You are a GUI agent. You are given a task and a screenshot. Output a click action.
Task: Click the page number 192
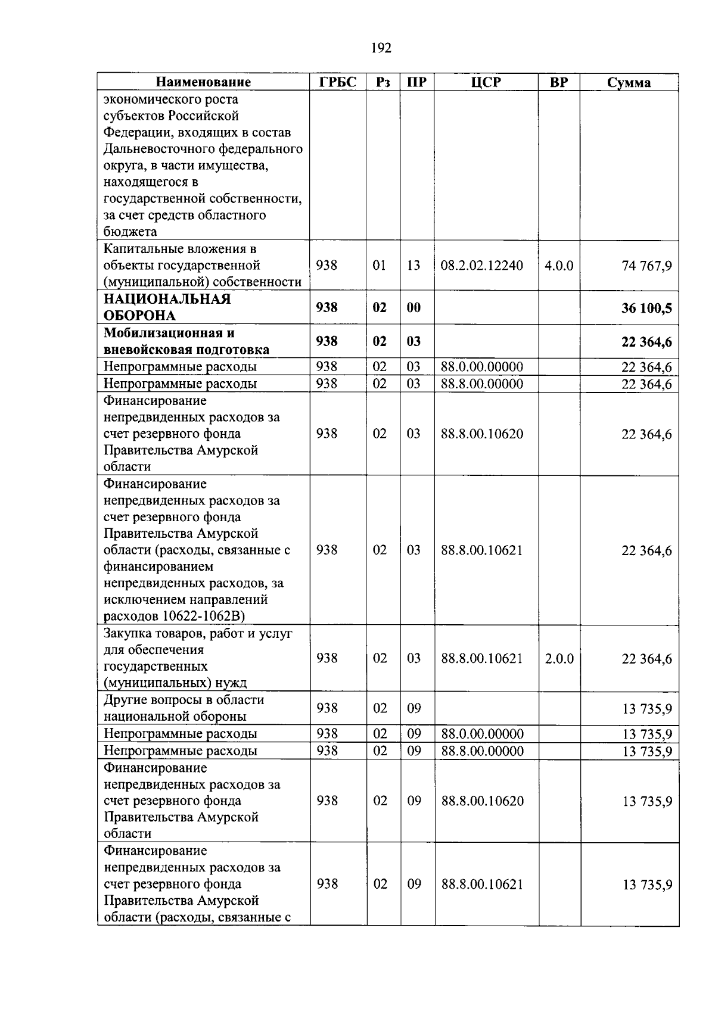tap(381, 48)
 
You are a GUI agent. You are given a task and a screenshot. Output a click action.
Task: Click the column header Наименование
tap(203, 82)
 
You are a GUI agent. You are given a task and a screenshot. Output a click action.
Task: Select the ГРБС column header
tap(338, 82)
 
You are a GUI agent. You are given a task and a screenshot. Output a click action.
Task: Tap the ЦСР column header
tap(486, 82)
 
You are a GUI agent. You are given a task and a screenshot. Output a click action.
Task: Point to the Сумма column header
tap(629, 83)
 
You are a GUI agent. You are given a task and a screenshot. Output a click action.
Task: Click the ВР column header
tap(559, 82)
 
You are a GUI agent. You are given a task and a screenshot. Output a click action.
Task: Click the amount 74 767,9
tap(646, 266)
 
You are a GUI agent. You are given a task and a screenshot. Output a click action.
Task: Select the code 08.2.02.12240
tap(481, 265)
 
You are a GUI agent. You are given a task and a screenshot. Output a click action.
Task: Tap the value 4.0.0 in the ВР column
tap(559, 265)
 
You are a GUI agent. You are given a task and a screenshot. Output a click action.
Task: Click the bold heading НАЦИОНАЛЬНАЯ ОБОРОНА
tap(167, 307)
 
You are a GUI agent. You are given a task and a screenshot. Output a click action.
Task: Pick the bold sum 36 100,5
tap(646, 308)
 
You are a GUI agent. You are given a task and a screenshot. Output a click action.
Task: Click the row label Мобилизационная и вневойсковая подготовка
tap(186, 341)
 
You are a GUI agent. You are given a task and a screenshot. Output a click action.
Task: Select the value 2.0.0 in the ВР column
tap(559, 658)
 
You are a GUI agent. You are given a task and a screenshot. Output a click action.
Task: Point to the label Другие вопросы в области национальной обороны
tap(184, 708)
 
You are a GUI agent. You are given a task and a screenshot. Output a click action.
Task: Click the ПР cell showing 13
tap(414, 265)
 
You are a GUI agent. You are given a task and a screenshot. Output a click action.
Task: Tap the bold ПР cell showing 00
tap(414, 307)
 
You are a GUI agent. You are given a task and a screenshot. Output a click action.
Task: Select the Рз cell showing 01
tap(380, 265)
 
